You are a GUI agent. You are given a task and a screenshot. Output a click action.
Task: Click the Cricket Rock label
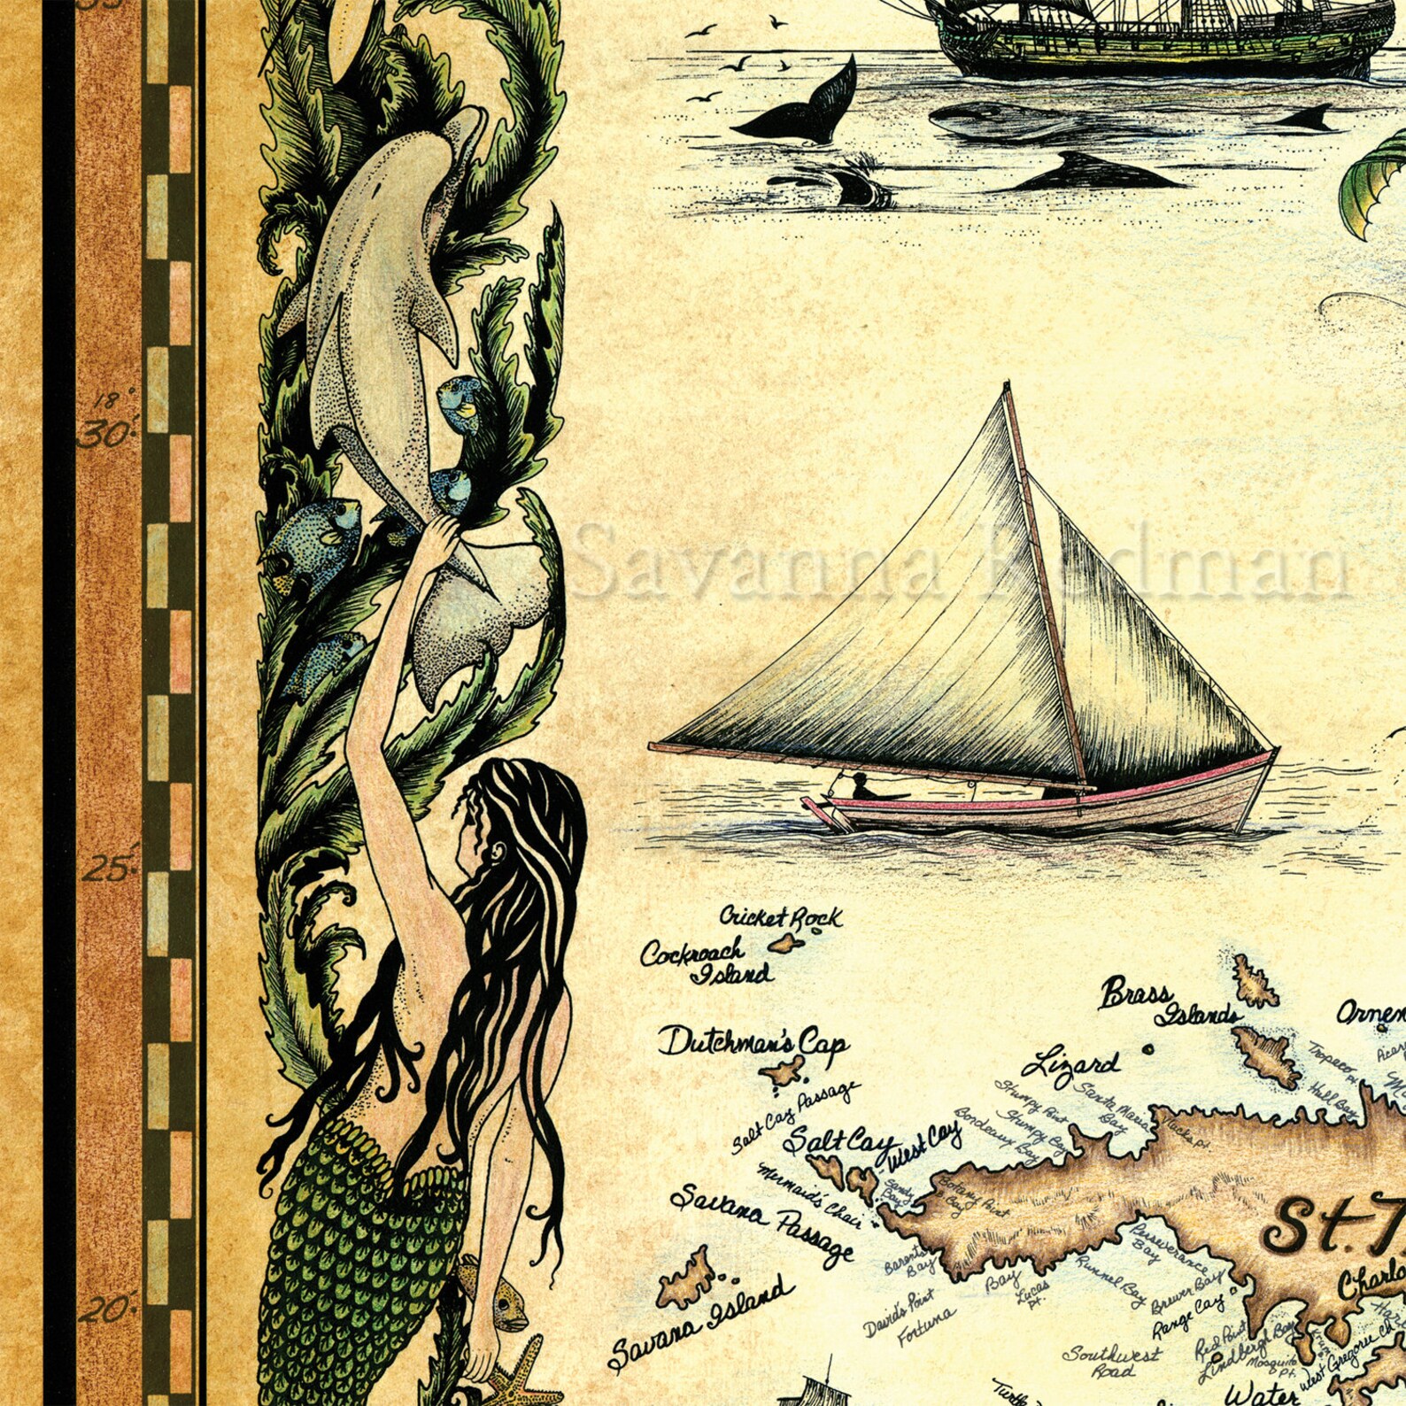coord(780,917)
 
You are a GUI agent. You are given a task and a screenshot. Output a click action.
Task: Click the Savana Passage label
coord(761,1223)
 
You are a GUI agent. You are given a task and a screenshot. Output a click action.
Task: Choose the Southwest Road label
coord(1113,1362)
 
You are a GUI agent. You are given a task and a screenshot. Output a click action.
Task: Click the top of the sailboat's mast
coord(1007,386)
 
